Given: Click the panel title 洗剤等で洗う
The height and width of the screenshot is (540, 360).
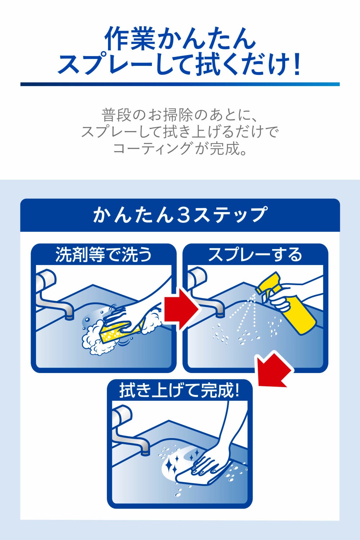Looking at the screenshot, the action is pyautogui.click(x=103, y=255).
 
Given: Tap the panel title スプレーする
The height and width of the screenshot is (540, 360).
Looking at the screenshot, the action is pyautogui.click(x=255, y=255).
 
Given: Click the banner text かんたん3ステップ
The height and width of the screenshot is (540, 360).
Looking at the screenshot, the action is pyautogui.click(x=180, y=214).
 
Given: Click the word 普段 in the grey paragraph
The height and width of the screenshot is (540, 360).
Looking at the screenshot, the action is pyautogui.click(x=117, y=115).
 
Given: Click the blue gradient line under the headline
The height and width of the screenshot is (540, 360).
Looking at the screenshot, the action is pyautogui.click(x=180, y=84).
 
